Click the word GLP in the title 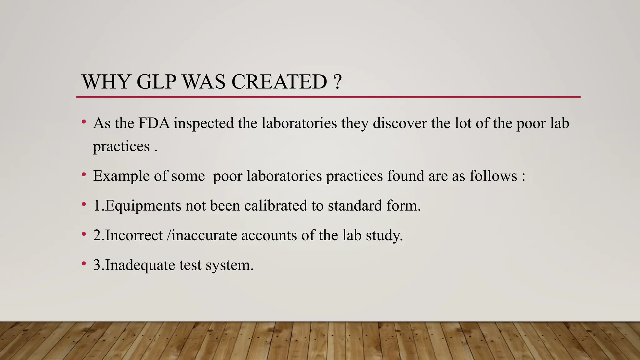click(156, 82)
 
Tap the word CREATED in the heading click(279, 82)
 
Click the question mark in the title click(337, 82)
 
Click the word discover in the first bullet click(400, 123)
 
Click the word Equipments click(143, 206)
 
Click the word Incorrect click(134, 235)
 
